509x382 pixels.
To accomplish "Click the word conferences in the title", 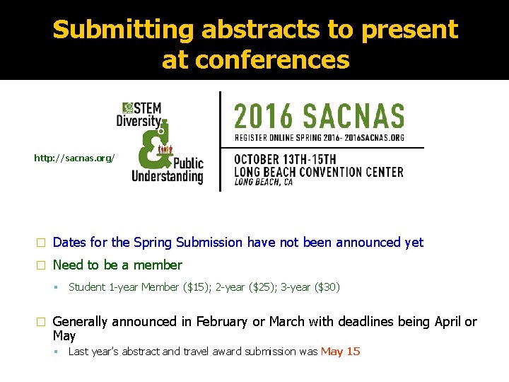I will click(x=255, y=61).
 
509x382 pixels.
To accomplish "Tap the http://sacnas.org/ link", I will click(x=74, y=158).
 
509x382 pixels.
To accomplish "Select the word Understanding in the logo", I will click(x=168, y=175).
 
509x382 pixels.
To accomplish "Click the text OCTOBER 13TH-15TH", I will click(x=286, y=158).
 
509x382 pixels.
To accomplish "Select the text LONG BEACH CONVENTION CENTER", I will click(x=319, y=172).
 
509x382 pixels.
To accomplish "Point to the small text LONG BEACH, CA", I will click(x=263, y=183).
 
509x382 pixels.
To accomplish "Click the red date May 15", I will click(x=340, y=352).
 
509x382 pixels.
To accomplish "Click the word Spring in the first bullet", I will click(x=153, y=243).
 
